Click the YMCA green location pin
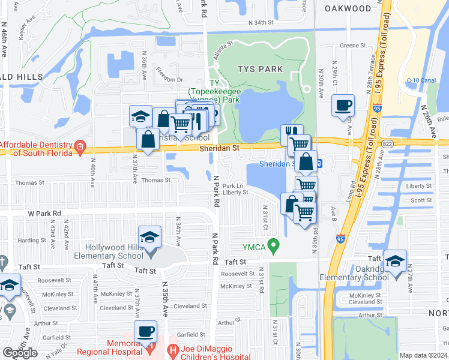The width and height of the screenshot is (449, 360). pos(274,245)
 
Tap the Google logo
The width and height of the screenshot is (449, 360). pos(20,353)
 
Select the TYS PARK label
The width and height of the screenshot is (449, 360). pos(260,69)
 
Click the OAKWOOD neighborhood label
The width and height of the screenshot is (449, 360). pos(348,8)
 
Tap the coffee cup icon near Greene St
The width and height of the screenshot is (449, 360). pos(343,106)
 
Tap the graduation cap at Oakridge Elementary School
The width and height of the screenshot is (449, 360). pos(394,261)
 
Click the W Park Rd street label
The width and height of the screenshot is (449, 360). pos(44,213)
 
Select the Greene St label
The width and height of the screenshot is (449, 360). pos(354,45)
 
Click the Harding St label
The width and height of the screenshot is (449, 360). pos(28,241)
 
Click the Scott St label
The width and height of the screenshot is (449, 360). pos(421,201)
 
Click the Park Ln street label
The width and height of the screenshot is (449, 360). pos(234,185)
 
